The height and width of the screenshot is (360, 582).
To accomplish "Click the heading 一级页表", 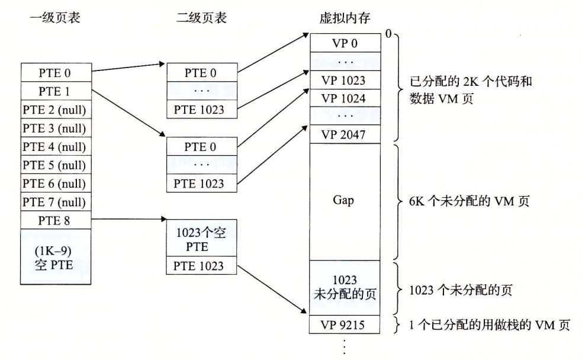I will pos(54,18).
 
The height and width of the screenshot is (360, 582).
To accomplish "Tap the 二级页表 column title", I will pos(201,18).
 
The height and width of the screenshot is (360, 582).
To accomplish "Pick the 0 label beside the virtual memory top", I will pos(388,34).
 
